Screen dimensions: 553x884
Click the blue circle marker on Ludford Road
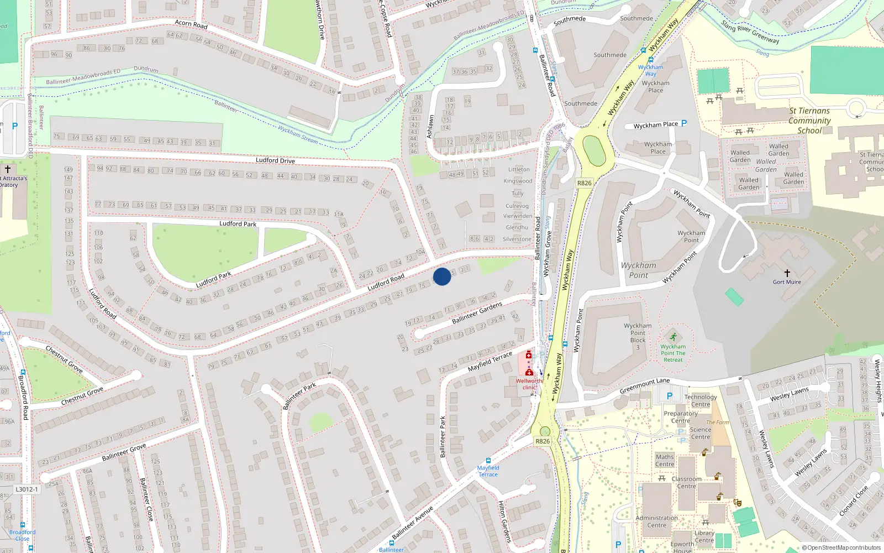point(442,276)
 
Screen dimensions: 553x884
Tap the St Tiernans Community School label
point(809,121)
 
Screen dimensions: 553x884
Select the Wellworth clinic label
point(529,384)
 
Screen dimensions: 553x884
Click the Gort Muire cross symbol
point(787,273)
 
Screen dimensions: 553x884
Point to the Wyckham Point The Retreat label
point(673,353)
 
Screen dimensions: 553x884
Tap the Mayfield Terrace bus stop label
point(488,471)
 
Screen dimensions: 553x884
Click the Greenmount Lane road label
point(644,385)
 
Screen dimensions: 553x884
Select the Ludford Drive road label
point(275,160)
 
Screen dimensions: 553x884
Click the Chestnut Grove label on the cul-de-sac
point(82,396)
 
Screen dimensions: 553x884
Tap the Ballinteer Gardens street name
point(477,312)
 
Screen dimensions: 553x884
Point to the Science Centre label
point(701,433)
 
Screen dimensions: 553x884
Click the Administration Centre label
point(656,521)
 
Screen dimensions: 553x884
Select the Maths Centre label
point(665,460)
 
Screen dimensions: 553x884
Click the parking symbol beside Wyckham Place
point(684,123)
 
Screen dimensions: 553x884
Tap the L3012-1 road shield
point(27,489)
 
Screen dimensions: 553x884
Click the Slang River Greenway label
point(750,32)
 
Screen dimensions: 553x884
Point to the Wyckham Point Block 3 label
point(638,336)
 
